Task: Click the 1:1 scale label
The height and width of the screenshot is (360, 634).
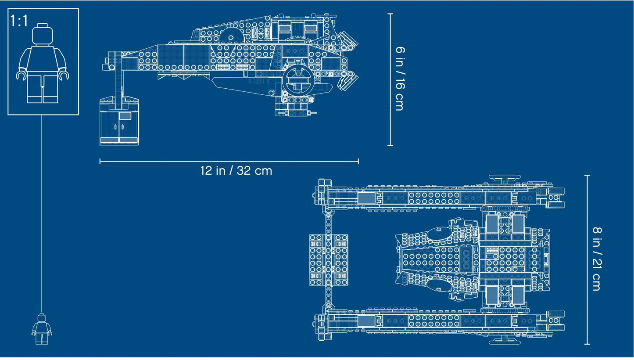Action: click(x=20, y=21)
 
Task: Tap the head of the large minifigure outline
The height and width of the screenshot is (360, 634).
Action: click(x=43, y=33)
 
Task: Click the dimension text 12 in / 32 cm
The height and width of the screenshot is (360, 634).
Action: click(x=236, y=170)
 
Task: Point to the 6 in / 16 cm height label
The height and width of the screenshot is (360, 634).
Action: click(x=399, y=79)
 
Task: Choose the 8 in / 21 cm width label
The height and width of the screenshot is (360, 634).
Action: click(x=596, y=259)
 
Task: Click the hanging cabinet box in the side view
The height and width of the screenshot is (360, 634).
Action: click(x=119, y=122)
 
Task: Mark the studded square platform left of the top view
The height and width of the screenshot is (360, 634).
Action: click(x=328, y=259)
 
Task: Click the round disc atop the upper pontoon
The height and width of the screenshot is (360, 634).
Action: click(x=505, y=178)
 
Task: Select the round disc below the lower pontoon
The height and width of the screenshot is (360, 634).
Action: click(x=505, y=341)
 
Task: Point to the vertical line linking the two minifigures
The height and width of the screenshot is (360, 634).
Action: click(x=42, y=211)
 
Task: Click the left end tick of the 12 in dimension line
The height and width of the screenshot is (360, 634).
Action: click(x=100, y=162)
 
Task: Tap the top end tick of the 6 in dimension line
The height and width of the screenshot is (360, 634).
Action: click(x=390, y=14)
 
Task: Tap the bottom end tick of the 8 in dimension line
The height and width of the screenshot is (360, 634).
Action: click(x=587, y=344)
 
